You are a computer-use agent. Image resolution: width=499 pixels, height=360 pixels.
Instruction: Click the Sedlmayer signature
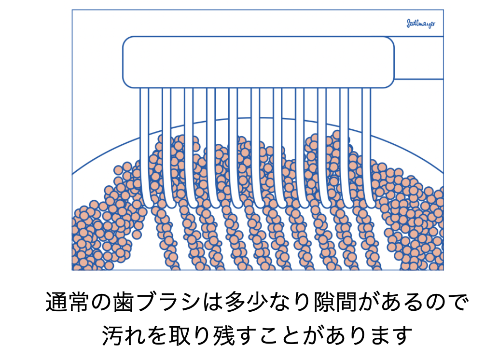tap(421, 24)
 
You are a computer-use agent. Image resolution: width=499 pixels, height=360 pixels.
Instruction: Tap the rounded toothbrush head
tap(258, 62)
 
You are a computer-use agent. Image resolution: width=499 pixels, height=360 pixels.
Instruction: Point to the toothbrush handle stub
tap(419, 57)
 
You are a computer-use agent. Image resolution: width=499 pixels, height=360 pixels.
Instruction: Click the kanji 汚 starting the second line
tap(112, 335)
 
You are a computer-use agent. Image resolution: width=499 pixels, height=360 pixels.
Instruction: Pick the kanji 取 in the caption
tap(180, 335)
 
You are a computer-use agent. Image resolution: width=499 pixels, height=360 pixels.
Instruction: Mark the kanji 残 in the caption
tap(224, 335)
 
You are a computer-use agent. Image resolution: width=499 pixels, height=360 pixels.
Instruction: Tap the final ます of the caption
tap(391, 335)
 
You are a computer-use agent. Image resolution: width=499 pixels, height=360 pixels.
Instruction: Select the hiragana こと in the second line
tap(280, 335)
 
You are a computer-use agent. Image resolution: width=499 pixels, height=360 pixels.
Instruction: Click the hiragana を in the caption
tap(157, 335)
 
